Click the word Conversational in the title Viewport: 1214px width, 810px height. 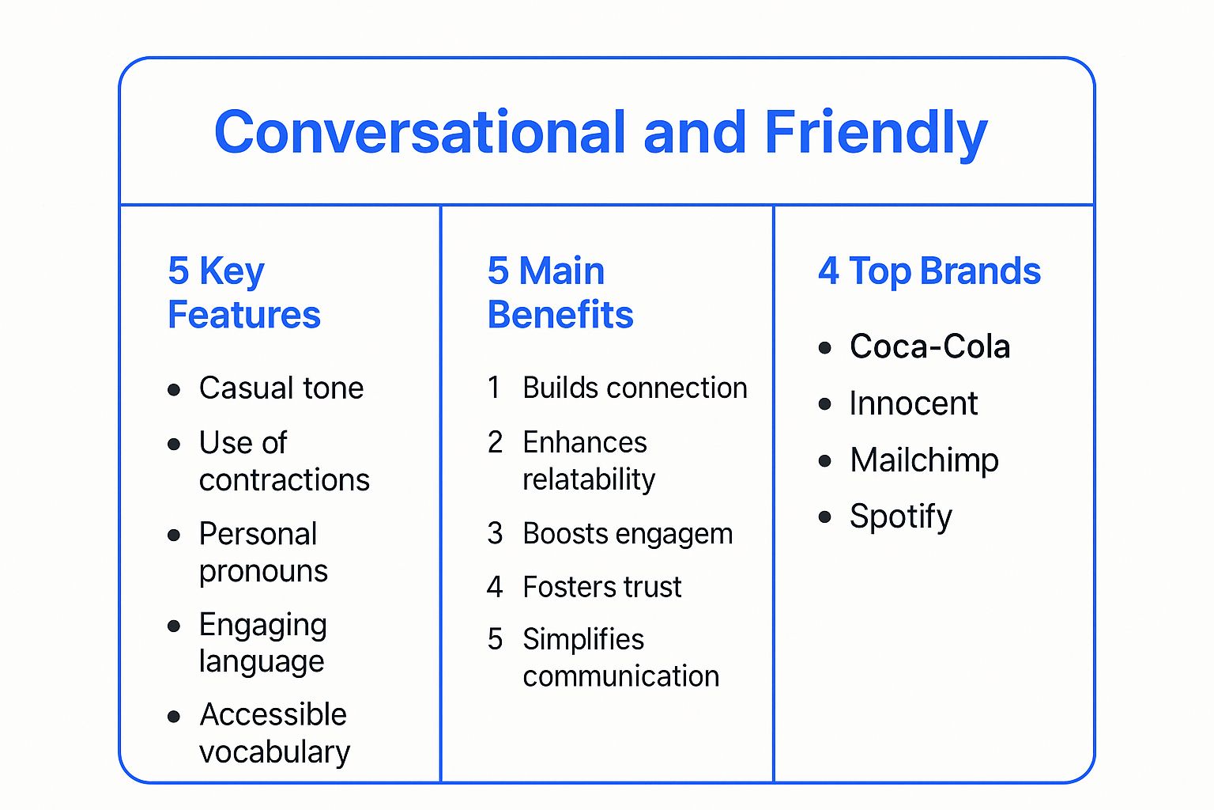(x=420, y=132)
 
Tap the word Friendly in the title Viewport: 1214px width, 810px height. (x=876, y=132)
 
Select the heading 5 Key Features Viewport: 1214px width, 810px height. (x=243, y=293)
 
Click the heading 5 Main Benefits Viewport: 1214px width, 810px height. (x=560, y=293)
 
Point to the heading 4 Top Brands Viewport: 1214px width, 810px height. (x=929, y=271)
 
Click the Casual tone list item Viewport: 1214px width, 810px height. (x=281, y=388)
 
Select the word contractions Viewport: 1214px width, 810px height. (x=284, y=480)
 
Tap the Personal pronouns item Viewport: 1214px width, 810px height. (x=262, y=552)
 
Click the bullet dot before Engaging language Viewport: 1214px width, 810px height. (x=175, y=626)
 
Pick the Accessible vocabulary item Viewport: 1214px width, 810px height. (x=273, y=732)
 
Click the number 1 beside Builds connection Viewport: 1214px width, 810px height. (x=494, y=388)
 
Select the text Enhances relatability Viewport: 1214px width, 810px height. (x=588, y=460)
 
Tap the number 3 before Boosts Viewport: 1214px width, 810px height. (x=495, y=534)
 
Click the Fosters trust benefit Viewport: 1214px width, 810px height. (x=601, y=587)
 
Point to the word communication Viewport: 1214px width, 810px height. (x=620, y=676)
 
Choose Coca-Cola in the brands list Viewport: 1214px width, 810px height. (x=929, y=346)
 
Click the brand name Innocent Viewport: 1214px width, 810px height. (x=913, y=404)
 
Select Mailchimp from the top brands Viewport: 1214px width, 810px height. (x=924, y=460)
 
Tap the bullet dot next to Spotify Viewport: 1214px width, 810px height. (x=825, y=517)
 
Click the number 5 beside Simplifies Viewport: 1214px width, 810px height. (x=495, y=639)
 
